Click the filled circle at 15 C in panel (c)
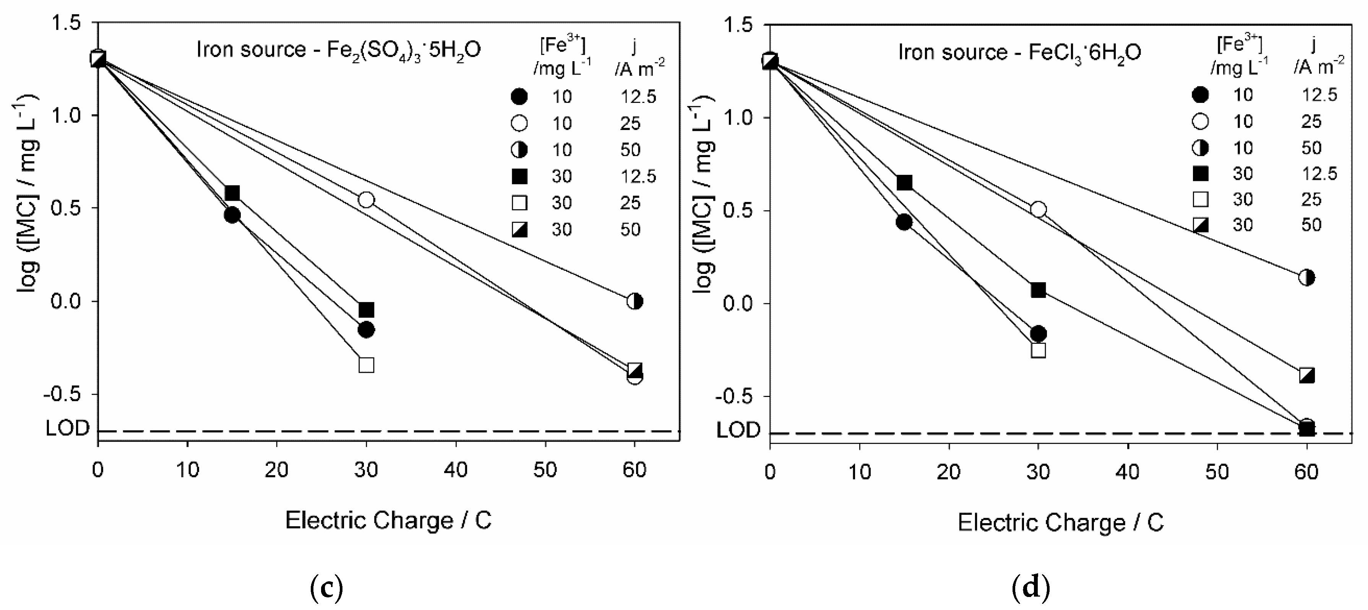pos(232,215)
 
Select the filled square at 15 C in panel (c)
pos(232,193)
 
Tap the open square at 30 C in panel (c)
pos(367,365)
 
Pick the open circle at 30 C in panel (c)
pos(367,200)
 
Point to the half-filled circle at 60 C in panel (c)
pos(635,301)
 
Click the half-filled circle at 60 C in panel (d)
pos(1307,277)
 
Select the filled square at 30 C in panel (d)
pos(1038,290)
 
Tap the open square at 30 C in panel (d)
pos(1038,351)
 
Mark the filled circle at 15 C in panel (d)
pos(904,222)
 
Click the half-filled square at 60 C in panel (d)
pos(1307,376)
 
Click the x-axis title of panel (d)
pos(1061,523)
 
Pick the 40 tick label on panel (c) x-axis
pos(456,470)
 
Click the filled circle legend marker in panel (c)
pos(519,97)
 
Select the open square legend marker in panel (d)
pos(1201,199)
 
